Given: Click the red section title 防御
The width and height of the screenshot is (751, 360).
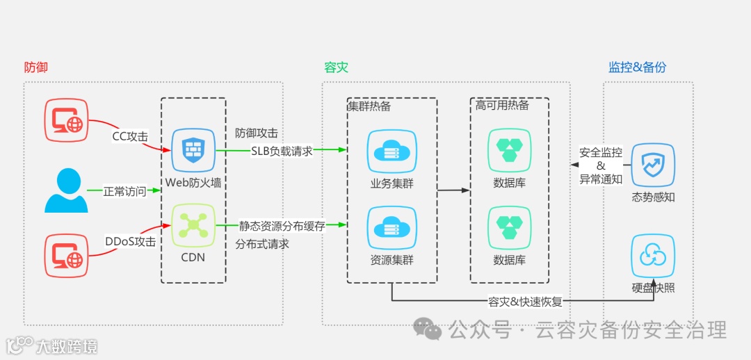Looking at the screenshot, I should point(35,67).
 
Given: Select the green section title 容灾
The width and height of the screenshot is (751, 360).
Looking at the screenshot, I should point(336,67).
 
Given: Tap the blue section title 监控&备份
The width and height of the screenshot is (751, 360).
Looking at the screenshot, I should point(637,67).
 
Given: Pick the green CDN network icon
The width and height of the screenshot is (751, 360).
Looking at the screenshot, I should point(193,225).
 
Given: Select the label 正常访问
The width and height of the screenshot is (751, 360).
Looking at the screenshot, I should point(125,190).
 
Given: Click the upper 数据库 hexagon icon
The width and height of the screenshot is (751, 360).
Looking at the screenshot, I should point(509,150).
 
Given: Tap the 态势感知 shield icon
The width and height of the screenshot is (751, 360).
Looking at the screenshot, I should point(653,165).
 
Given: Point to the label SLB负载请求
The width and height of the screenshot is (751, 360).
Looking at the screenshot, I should point(282,150).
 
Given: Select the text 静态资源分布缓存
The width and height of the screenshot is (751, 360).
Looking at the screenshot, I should point(282,226).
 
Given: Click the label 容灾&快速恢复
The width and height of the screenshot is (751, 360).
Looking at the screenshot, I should point(525,302).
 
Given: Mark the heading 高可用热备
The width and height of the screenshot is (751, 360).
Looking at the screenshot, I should point(502,106).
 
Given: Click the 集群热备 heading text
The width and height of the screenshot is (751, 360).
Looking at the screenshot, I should point(369,106).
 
